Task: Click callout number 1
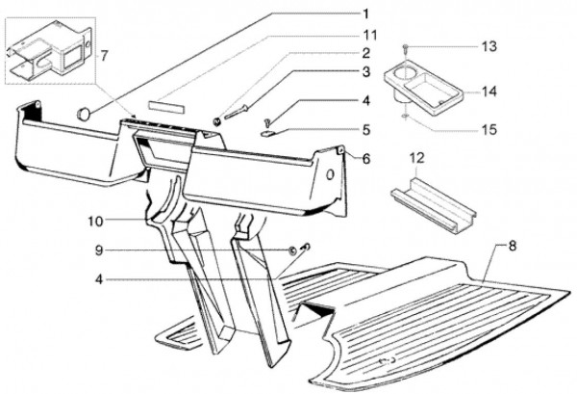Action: coord(365,14)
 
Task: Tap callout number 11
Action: coord(368,36)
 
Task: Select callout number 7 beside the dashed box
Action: coord(105,56)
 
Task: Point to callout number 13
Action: coord(489,47)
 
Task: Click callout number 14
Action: coord(489,92)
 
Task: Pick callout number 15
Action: coord(489,130)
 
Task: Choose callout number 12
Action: coord(417,158)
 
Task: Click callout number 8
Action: coord(512,246)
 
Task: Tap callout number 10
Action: coord(95,222)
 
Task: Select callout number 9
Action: coord(99,250)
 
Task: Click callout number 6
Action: coord(365,159)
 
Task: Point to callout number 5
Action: coord(365,130)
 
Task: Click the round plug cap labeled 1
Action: coord(84,113)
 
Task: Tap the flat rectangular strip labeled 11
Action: coord(165,105)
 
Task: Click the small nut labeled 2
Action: coord(217,121)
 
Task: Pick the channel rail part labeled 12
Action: coord(434,204)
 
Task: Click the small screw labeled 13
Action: coord(405,47)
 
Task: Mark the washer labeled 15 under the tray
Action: coord(405,117)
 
